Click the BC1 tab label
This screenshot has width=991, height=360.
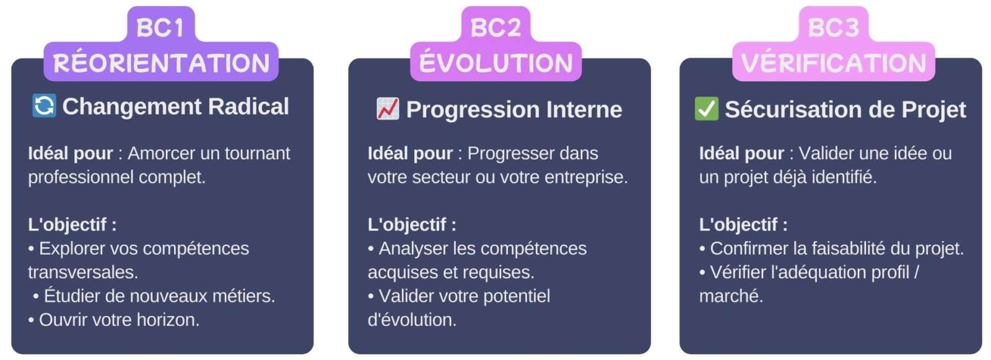coord(160,28)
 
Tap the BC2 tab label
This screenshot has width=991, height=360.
coord(495,28)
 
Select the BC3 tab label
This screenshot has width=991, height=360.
coord(833,28)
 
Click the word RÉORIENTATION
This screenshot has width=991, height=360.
coord(161,63)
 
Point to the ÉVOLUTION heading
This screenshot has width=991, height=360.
coord(495,63)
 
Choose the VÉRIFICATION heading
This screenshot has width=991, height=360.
coord(833,63)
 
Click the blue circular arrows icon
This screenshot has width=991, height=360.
coord(44,106)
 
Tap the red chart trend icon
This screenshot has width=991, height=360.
coord(388,110)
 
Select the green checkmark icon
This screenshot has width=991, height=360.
coord(707,109)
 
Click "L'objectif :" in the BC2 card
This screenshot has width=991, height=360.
coord(412,224)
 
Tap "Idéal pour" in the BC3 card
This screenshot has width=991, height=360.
coord(741,153)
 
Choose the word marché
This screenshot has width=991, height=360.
coord(730,296)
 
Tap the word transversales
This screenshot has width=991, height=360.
coord(82,272)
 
